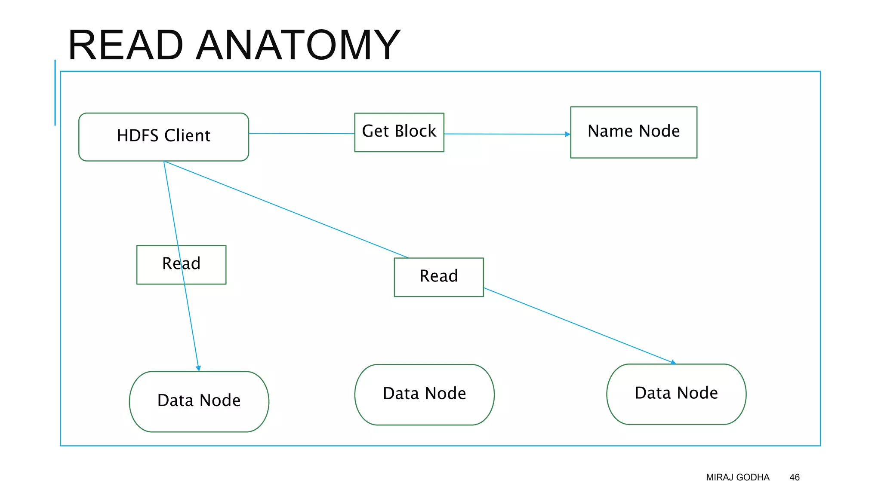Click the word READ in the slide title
[126, 45]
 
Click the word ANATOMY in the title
[298, 45]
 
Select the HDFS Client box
[163, 137]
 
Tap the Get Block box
[399, 132]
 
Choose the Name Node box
[633, 132]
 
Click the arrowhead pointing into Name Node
[567, 134]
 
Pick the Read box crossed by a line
[181, 264]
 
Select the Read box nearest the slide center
[438, 277]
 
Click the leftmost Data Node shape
[199, 401]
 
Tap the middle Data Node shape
[424, 394]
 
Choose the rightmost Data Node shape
[676, 394]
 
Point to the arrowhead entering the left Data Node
[198, 368]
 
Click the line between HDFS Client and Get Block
[301, 134]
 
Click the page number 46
[794, 477]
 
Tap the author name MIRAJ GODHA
[737, 477]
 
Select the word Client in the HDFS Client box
[187, 136]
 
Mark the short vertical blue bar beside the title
[55, 92]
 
